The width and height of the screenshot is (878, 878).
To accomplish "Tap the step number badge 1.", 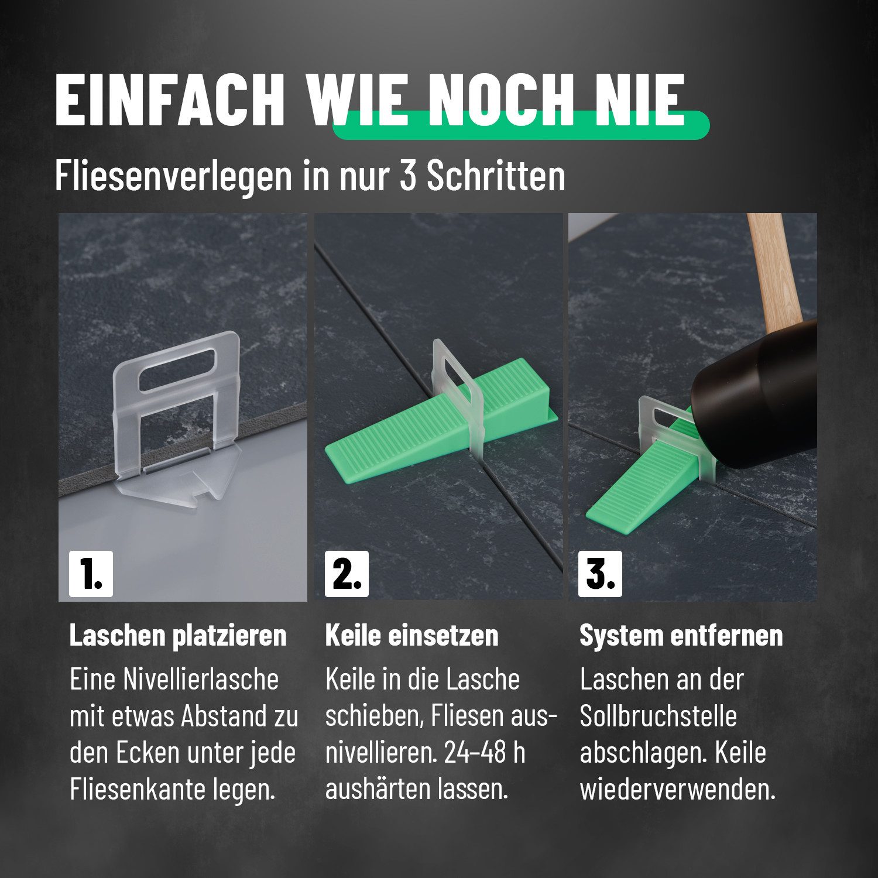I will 91,574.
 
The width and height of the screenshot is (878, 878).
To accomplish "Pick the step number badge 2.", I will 347,574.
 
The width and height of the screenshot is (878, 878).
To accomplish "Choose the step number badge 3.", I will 600,574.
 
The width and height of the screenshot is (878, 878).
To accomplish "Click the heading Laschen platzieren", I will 178,636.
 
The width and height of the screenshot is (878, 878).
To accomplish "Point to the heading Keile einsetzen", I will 411,636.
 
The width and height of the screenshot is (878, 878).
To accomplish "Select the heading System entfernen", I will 681,636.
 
